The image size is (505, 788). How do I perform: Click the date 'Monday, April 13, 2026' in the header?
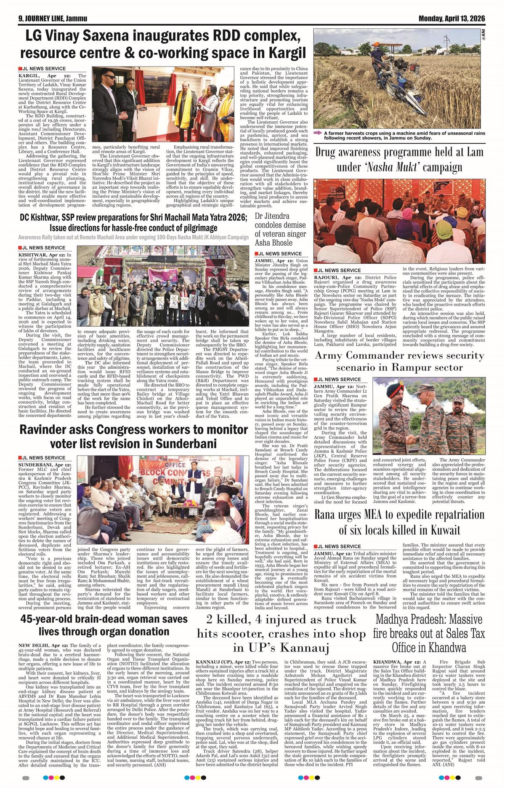click(452, 19)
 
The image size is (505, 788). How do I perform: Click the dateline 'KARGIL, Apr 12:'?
click(40, 75)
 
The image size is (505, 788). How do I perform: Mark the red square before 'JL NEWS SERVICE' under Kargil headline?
click(20, 69)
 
